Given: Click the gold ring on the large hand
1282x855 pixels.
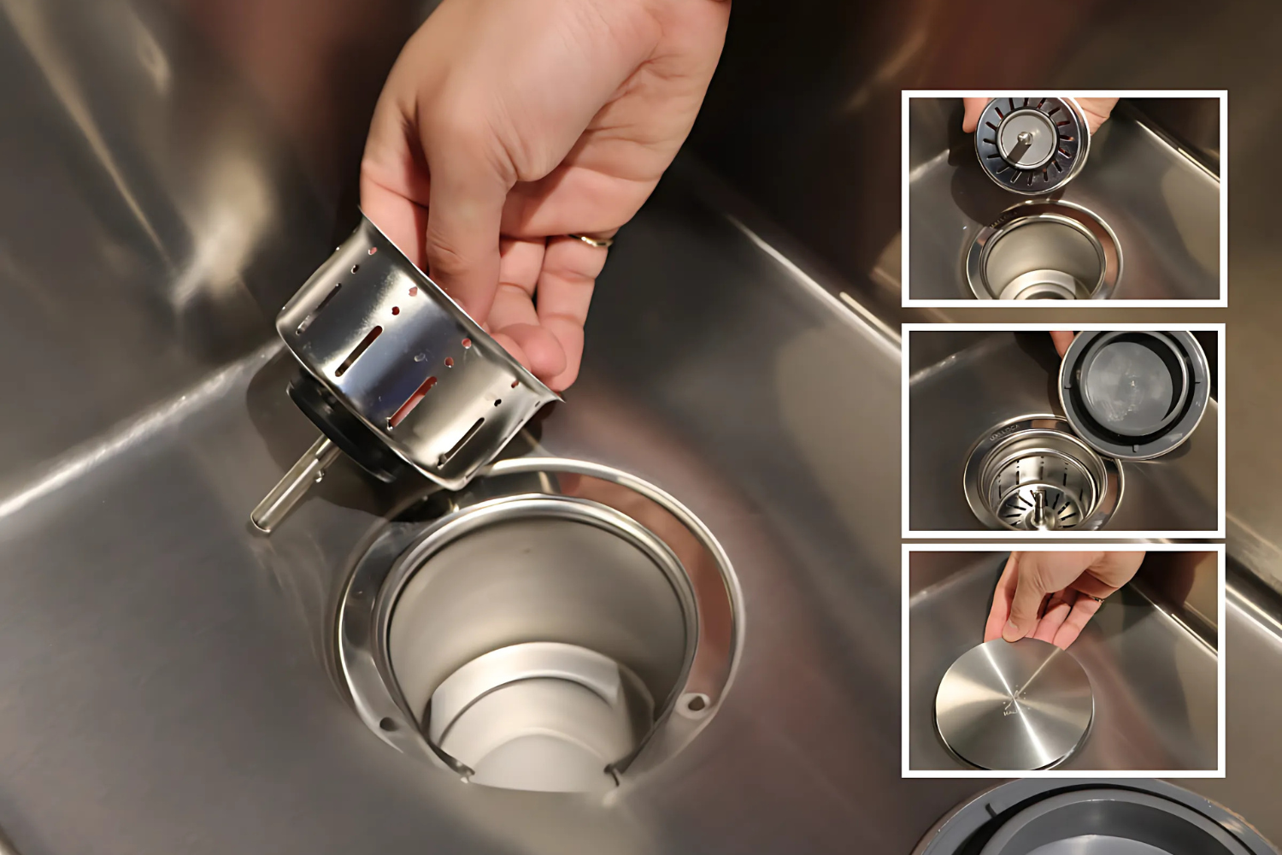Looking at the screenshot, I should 592,241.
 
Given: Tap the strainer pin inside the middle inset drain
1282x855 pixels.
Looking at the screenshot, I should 1039,504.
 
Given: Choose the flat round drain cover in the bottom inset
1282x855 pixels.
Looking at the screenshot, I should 1014,705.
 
